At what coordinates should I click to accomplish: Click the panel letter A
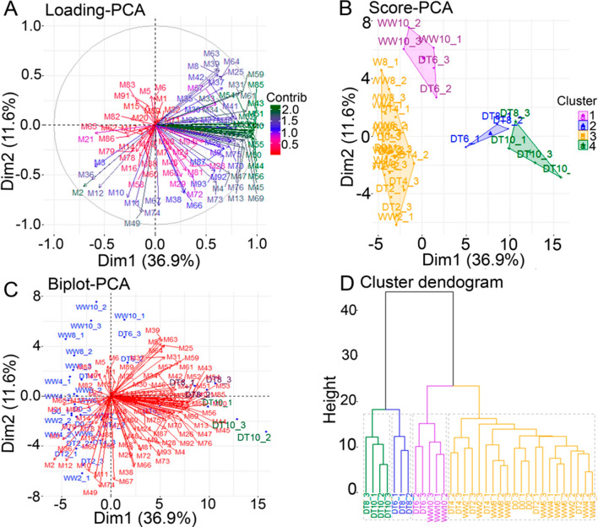11,9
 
